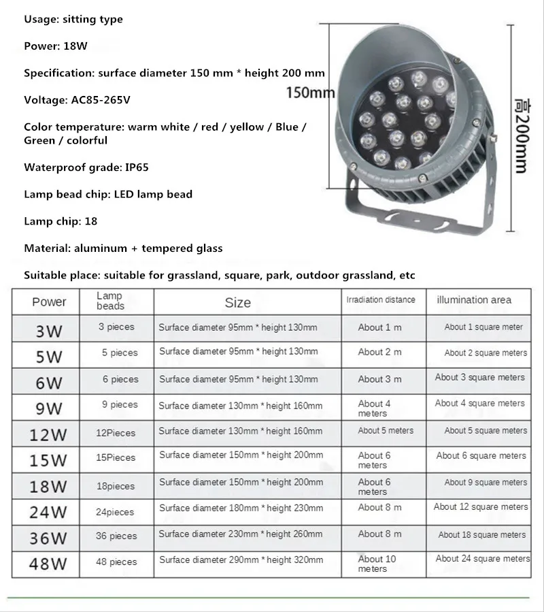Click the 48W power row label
coord(48,564)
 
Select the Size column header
coord(237,302)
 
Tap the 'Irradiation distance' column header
coord(381,300)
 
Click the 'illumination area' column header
coord(474,300)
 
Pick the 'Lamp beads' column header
coord(109,301)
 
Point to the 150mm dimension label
coord(310,93)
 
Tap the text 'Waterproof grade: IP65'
coord(86,167)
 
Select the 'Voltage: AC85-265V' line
coord(77,99)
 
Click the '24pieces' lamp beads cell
coord(115,512)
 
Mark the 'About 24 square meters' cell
coord(483,559)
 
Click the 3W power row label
coord(48,332)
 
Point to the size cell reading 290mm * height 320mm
coord(241,560)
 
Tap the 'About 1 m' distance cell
coord(379,327)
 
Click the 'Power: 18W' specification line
coord(56,46)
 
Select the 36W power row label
coord(48,538)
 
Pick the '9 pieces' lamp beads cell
coord(120,405)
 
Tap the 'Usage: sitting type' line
coord(73,19)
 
